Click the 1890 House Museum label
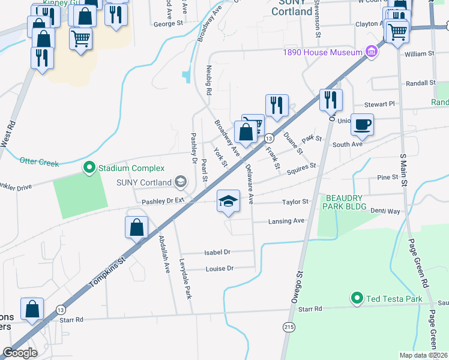tap(322, 52)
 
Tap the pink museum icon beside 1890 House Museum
tap(372, 52)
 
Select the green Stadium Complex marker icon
tap(89, 167)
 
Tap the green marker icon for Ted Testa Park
tap(357, 298)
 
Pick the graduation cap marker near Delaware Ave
tap(228, 201)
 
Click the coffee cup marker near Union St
tap(362, 125)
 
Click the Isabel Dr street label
tap(218, 253)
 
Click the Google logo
tap(19, 352)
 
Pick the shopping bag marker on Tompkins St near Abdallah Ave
tap(137, 227)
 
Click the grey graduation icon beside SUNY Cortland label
tap(179, 182)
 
